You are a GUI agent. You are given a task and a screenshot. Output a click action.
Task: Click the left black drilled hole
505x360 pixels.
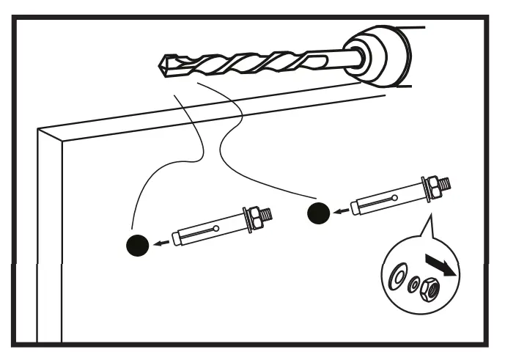(137, 246)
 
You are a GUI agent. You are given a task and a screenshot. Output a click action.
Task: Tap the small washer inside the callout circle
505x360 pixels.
(415, 284)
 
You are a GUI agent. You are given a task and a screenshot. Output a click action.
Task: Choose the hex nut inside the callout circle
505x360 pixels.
(432, 291)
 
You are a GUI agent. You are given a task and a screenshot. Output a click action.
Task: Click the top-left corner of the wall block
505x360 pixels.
(39, 130)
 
